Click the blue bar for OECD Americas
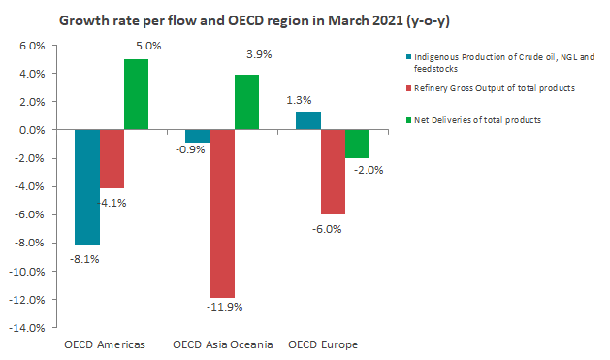click(x=87, y=187)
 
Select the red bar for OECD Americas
click(x=112, y=159)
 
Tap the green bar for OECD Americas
click(x=136, y=94)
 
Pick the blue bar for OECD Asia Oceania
click(x=198, y=136)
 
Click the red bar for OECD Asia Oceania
click(x=222, y=213)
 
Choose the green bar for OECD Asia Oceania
click(x=246, y=102)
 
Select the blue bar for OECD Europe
click(x=308, y=120)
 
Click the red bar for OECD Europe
click(x=333, y=172)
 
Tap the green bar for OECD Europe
click(x=357, y=144)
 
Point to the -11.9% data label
click(x=224, y=307)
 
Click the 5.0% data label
click(x=148, y=46)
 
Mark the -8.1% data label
click(x=84, y=259)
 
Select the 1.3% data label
click(x=299, y=100)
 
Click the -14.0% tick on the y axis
click(x=27, y=328)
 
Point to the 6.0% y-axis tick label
click(x=32, y=46)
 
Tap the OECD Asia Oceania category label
click(x=222, y=344)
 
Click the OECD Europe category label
click(x=323, y=344)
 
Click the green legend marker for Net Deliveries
click(x=408, y=120)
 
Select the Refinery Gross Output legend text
click(x=495, y=88)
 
